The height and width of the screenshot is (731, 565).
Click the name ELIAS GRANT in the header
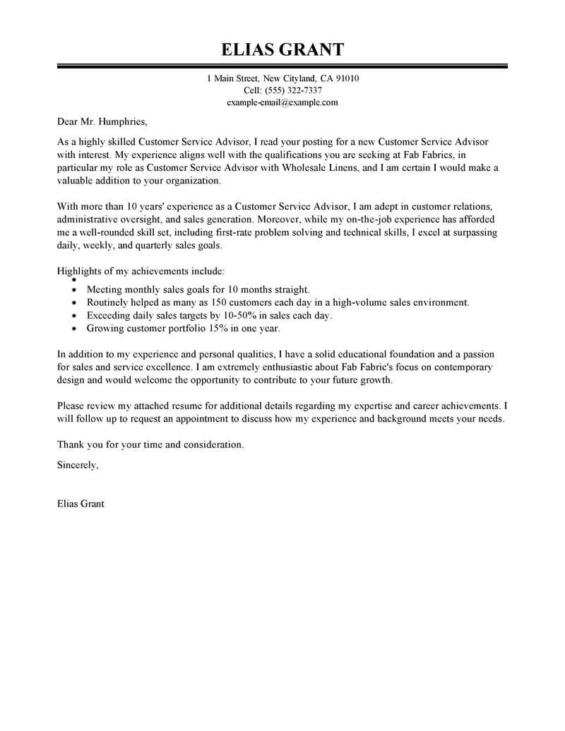pyautogui.click(x=282, y=49)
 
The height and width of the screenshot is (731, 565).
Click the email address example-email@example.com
pyautogui.click(x=282, y=102)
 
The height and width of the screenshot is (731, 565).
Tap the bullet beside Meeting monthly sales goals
pyautogui.click(x=75, y=290)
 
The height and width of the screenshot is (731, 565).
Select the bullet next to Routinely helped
pyautogui.click(x=75, y=302)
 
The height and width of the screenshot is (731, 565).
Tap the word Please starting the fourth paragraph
pyautogui.click(x=70, y=406)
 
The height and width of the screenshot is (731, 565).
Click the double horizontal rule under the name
pyautogui.click(x=282, y=67)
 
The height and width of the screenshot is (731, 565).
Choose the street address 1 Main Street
pyautogui.click(x=233, y=78)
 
